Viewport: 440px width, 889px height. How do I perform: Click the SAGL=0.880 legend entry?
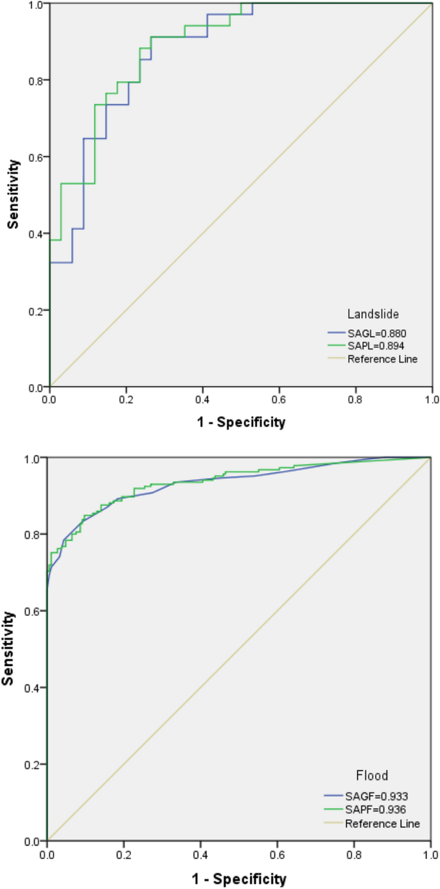click(376, 334)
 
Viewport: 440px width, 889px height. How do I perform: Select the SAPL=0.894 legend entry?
click(376, 346)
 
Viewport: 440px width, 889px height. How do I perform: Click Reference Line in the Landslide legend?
click(382, 359)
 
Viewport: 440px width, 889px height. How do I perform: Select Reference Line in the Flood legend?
click(382, 823)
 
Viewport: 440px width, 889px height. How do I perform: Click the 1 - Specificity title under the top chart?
click(240, 422)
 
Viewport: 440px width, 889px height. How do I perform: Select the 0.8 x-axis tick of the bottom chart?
click(353, 853)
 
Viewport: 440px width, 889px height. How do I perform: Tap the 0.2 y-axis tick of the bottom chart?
click(33, 764)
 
